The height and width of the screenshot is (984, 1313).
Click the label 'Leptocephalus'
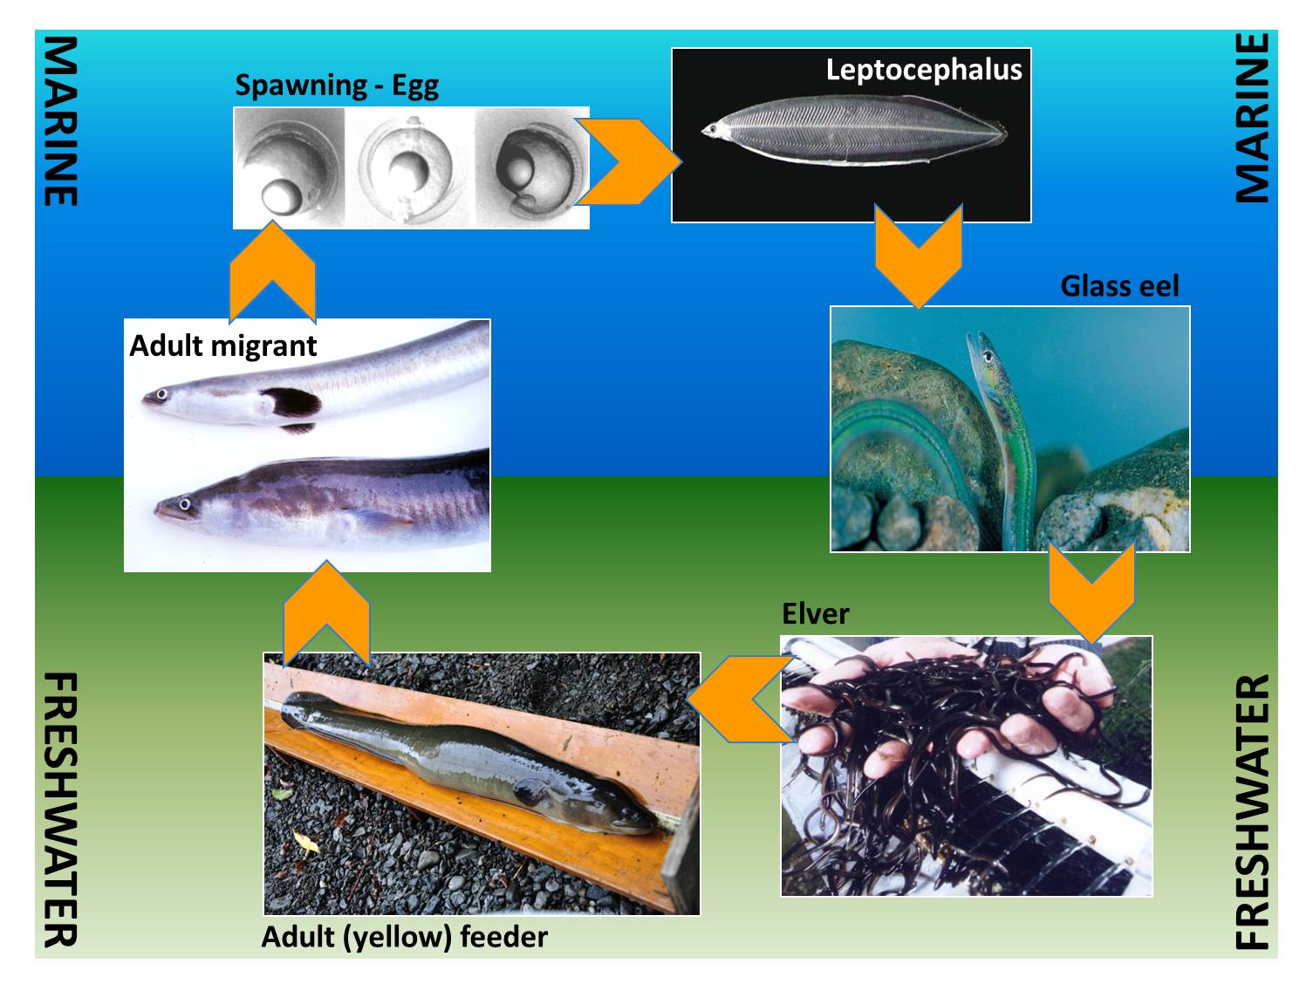click(923, 70)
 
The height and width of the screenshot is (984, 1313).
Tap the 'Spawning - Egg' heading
click(336, 85)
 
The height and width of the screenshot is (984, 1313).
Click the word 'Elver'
click(815, 614)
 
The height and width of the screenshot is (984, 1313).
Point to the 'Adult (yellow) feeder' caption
click(404, 937)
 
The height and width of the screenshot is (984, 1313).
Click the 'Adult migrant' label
click(222, 345)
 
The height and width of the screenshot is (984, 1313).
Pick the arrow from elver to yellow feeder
click(738, 699)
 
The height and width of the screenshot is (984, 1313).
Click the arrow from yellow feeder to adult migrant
click(326, 611)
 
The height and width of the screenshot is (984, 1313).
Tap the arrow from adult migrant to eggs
click(272, 270)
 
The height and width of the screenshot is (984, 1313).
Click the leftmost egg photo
click(288, 167)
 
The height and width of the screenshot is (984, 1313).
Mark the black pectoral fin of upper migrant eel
click(292, 402)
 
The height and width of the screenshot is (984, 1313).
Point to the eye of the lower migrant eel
click(184, 503)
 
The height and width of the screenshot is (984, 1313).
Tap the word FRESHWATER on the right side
click(1253, 811)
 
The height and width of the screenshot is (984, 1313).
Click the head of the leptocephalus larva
click(712, 131)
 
